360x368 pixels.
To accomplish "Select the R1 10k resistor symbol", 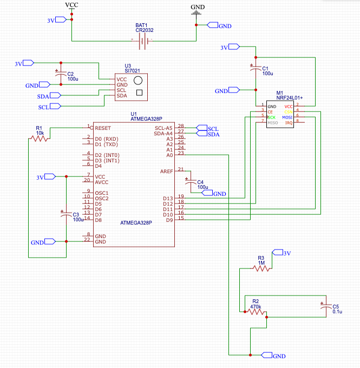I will [40, 139].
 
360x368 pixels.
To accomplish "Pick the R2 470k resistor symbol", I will [255, 312].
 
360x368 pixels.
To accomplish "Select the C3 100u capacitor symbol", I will [66, 214].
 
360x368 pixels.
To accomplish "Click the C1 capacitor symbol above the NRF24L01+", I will [256, 69].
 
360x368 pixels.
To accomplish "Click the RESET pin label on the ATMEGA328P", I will [103, 128].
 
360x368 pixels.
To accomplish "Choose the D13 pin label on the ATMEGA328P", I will [168, 198].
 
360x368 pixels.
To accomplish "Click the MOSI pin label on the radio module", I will [287, 117].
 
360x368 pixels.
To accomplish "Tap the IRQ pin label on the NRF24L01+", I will [289, 123].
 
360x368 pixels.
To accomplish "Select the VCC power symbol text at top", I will [71, 5].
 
